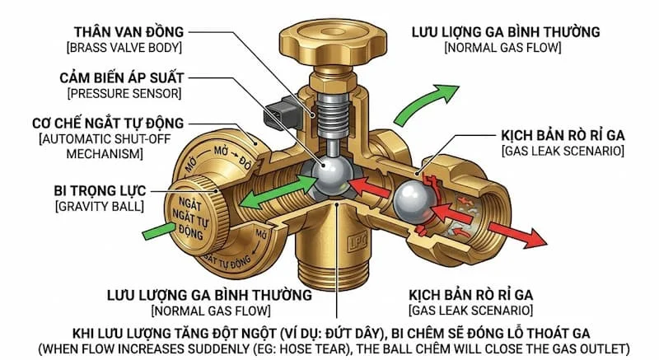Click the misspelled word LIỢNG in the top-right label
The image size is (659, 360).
467,33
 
